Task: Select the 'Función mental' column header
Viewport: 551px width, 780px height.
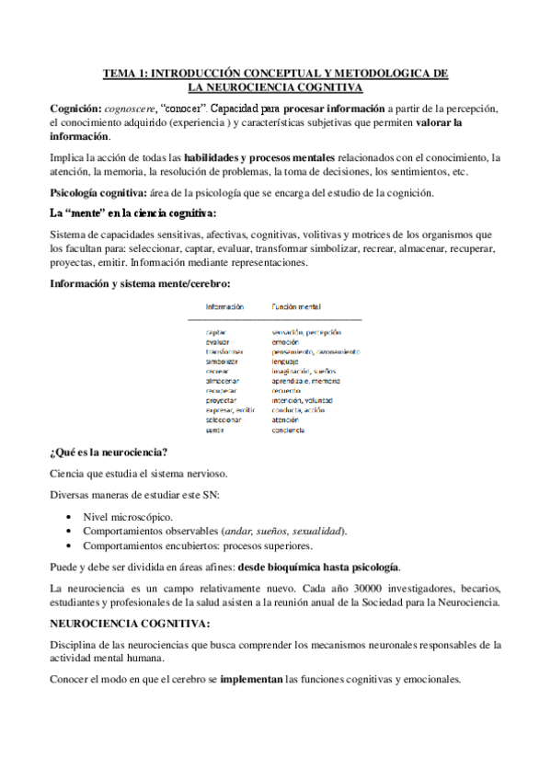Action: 296,307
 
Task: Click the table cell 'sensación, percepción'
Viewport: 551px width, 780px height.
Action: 306,332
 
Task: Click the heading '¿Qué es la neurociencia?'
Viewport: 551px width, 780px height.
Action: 108,452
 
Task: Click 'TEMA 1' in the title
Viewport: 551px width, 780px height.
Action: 122,72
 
